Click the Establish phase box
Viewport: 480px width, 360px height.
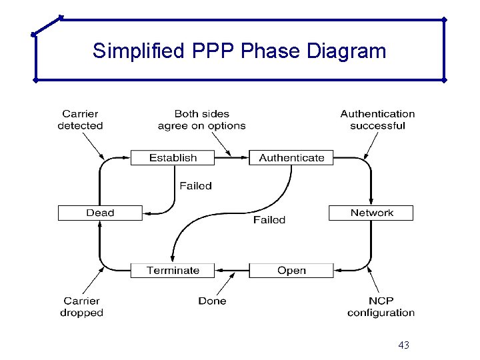coord(173,158)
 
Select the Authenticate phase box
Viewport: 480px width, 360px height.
coord(291,158)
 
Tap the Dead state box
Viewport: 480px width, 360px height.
coord(100,213)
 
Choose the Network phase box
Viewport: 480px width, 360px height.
coord(371,213)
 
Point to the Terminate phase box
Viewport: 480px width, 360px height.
coord(173,270)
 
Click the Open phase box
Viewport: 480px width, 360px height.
coord(291,270)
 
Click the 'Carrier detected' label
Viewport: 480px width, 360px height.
coord(80,120)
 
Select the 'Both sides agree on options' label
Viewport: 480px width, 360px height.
coord(201,120)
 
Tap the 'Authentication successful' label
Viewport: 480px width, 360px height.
coord(377,120)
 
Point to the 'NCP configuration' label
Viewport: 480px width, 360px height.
coord(381,307)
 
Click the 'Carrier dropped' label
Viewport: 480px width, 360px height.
coord(81,307)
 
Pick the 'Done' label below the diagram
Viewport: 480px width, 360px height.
coord(212,301)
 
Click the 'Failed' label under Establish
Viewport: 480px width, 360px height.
coord(195,186)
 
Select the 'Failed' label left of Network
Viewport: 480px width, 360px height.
coord(269,220)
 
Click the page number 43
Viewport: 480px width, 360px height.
coord(403,345)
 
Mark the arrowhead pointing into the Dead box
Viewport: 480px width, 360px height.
coord(148,213)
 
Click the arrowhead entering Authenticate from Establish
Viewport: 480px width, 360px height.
coord(244,158)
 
